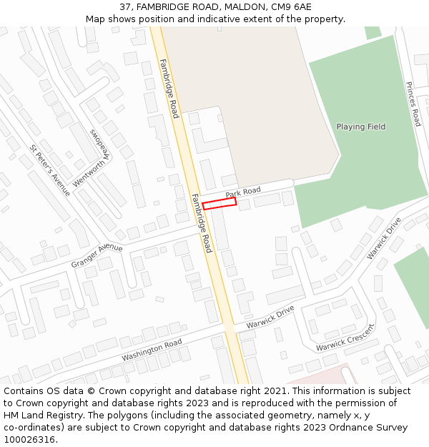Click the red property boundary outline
coord(220,204)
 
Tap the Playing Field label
coord(360,127)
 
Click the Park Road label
coord(243,192)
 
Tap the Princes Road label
coord(413,104)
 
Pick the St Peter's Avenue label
coord(50,170)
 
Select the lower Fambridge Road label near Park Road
coord(202,222)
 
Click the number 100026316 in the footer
coord(29,440)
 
